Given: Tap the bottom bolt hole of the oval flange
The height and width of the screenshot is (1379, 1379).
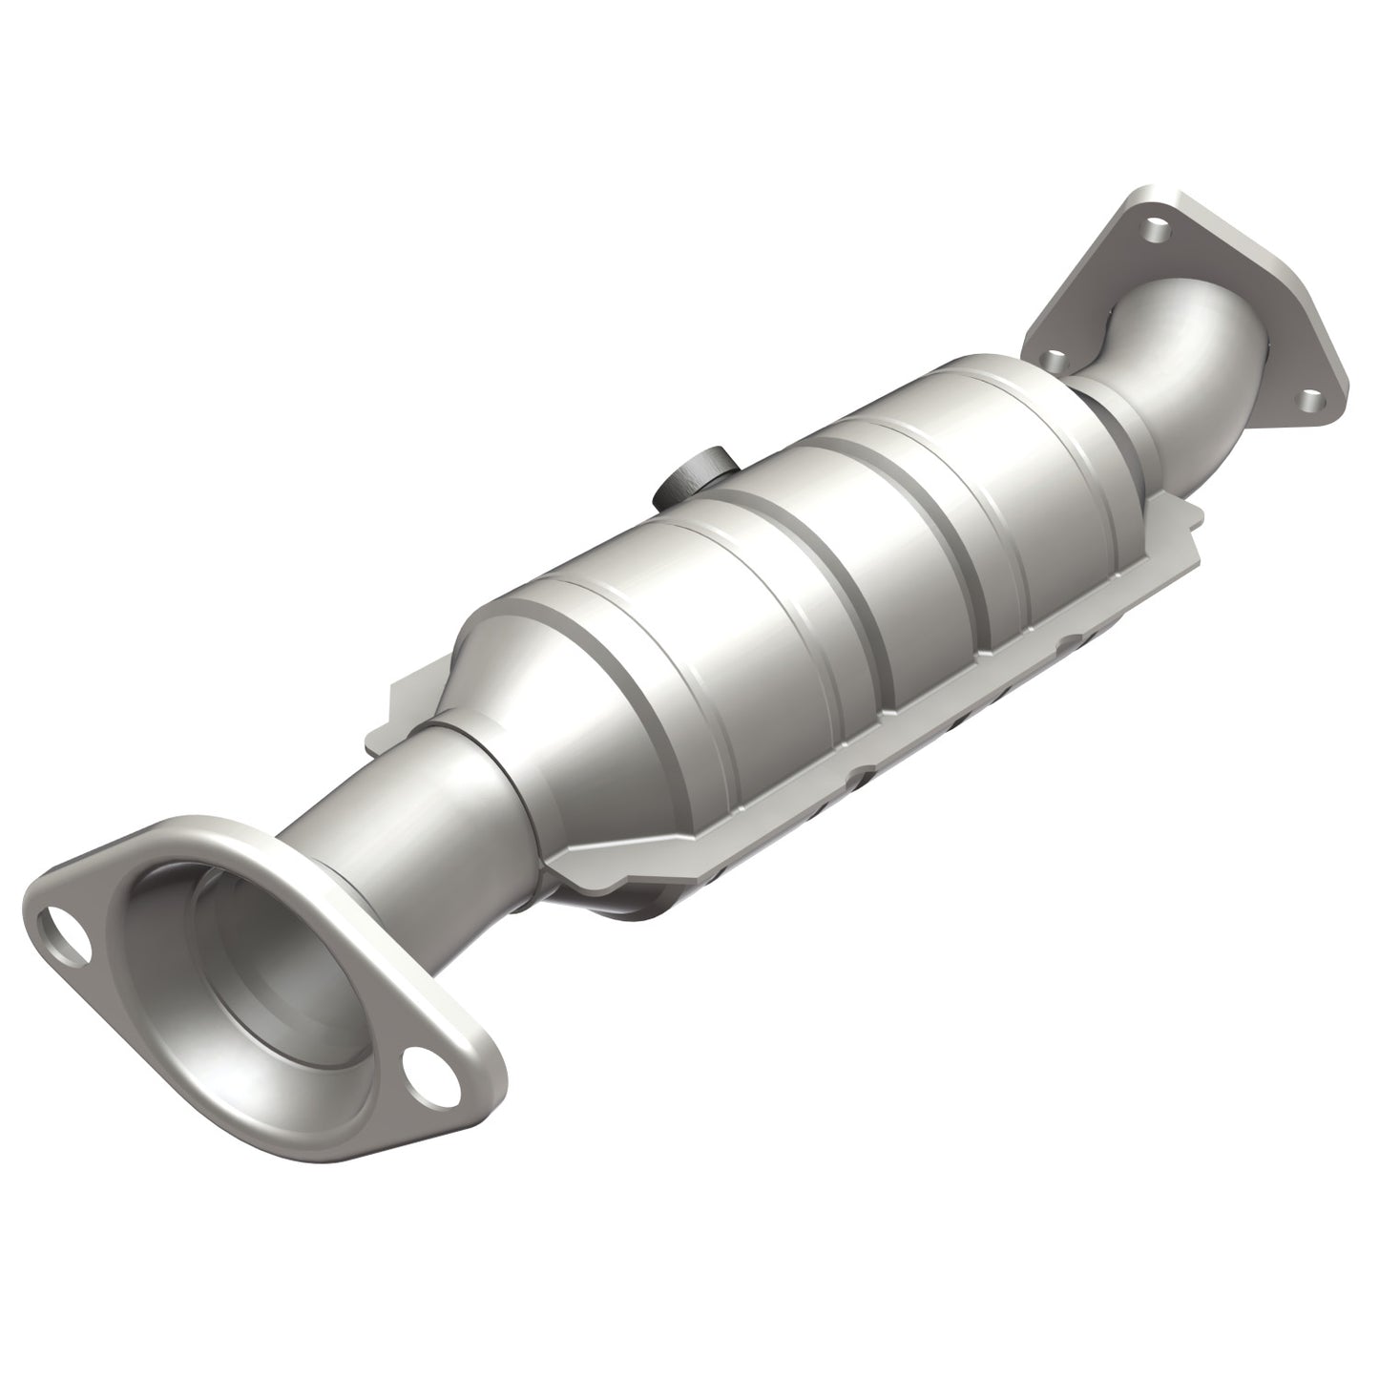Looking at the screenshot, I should (419, 1062).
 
